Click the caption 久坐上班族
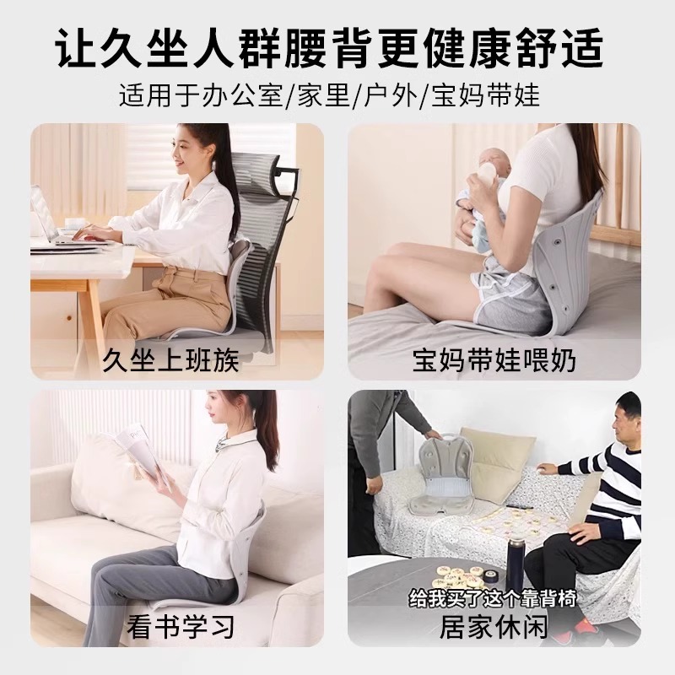(170, 361)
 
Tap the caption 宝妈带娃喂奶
(494, 361)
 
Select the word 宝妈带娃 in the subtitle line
(485, 94)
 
